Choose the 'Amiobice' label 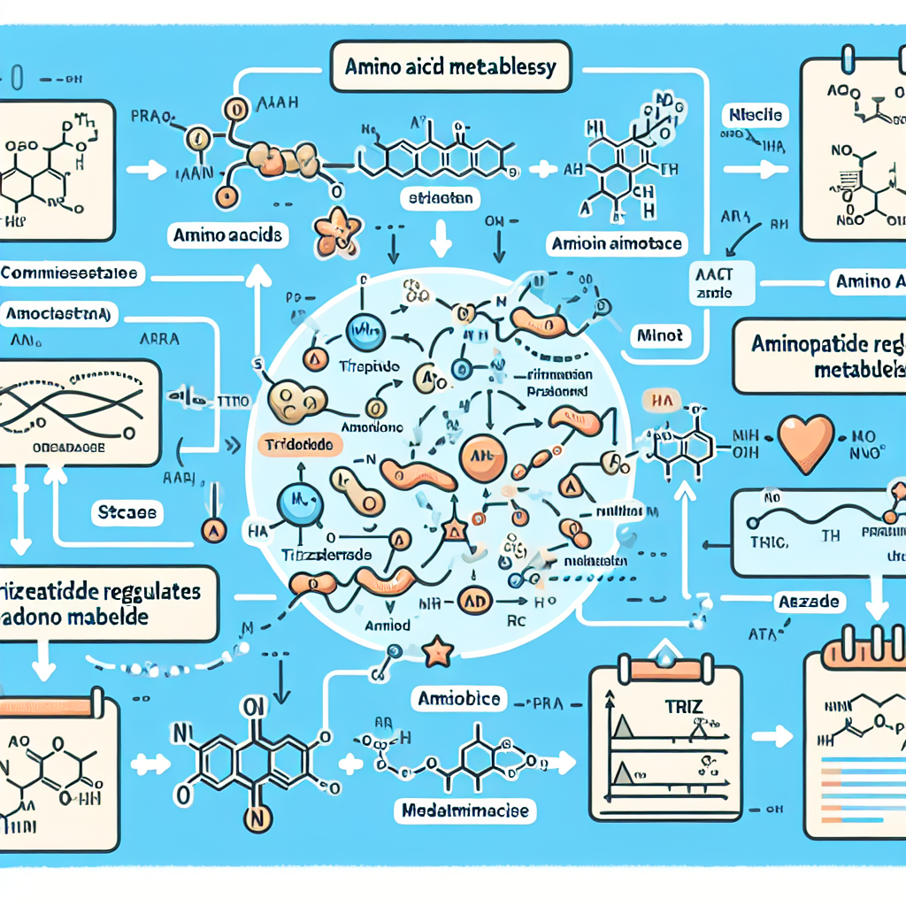point(459,699)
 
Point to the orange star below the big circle point(438,653)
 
